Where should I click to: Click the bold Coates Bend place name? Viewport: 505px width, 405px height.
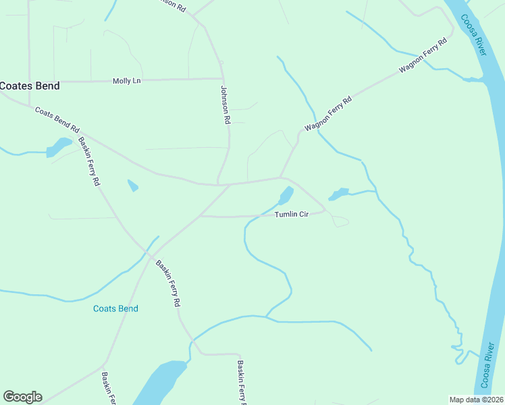pos(30,86)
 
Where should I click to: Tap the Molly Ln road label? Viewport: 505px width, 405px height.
pos(127,81)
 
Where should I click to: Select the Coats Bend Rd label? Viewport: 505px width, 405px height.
pos(57,119)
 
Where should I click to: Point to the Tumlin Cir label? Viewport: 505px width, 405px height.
pos(291,215)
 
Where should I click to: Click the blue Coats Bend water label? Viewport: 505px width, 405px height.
pos(115,308)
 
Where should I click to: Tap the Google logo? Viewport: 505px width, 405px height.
pos(22,397)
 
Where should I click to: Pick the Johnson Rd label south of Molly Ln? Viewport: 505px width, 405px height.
pos(226,105)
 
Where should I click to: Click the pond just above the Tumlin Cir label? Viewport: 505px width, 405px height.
pos(286,196)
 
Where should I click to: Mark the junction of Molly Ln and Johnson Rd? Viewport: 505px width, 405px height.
pos(222,79)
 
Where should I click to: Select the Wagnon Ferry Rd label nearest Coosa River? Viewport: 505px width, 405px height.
pos(423,55)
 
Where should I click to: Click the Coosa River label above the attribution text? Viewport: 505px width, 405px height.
pos(488,365)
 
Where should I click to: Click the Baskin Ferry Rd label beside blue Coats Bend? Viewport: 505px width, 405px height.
pos(168,283)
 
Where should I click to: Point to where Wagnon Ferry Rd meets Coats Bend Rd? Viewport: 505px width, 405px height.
pos(281,178)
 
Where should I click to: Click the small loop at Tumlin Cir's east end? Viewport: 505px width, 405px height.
pos(340,221)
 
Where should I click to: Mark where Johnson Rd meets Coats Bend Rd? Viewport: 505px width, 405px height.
pos(218,184)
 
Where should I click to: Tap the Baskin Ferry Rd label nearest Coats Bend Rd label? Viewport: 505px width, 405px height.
pos(89,161)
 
